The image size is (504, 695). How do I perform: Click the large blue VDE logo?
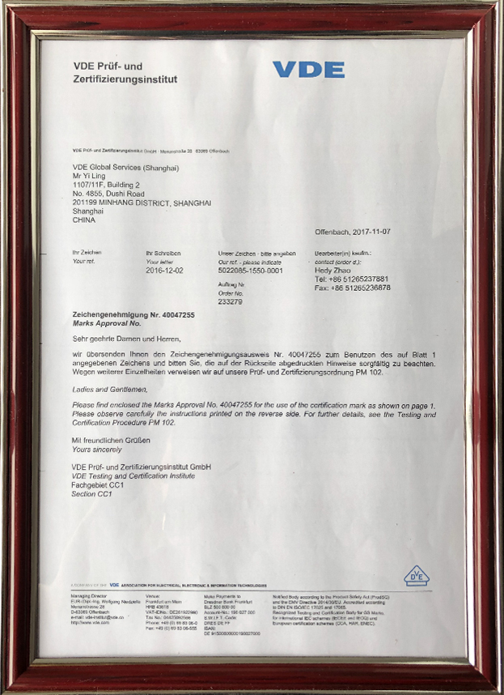coord(308,70)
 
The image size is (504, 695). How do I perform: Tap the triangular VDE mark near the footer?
coord(416,576)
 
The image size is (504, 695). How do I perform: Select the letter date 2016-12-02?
coord(164,271)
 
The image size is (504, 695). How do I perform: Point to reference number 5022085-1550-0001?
coord(251,271)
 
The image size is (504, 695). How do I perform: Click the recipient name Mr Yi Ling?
coord(90,176)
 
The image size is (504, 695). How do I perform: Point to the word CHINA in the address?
coord(83,220)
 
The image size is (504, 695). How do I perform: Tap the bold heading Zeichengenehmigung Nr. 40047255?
coord(133,313)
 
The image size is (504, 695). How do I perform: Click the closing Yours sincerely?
coord(97,449)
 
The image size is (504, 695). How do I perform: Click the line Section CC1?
coord(91,493)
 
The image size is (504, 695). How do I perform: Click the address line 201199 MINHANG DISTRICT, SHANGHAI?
coord(142,203)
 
